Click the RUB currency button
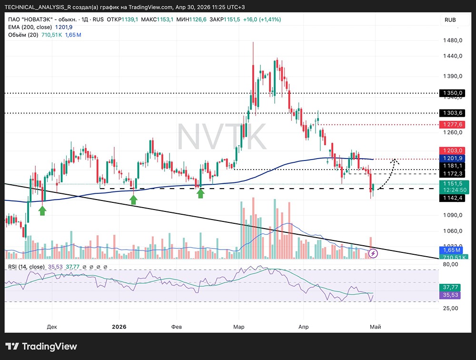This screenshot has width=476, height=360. [x=450, y=20]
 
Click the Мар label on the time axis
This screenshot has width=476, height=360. [x=239, y=327]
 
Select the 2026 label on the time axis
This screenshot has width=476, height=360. [x=119, y=327]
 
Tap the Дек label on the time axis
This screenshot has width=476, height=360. [x=52, y=327]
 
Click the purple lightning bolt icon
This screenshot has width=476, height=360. [x=374, y=254]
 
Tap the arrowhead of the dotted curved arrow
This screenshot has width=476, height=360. [x=395, y=161]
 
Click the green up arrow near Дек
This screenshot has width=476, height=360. [x=42, y=210]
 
